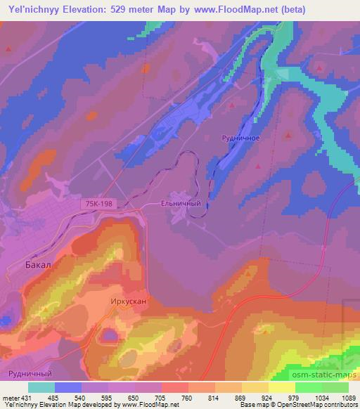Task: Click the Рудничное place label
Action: [x=241, y=138]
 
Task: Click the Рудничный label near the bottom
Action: [x=29, y=375]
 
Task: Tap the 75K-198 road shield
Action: [x=98, y=203]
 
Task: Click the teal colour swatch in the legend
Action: [x=41, y=387]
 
